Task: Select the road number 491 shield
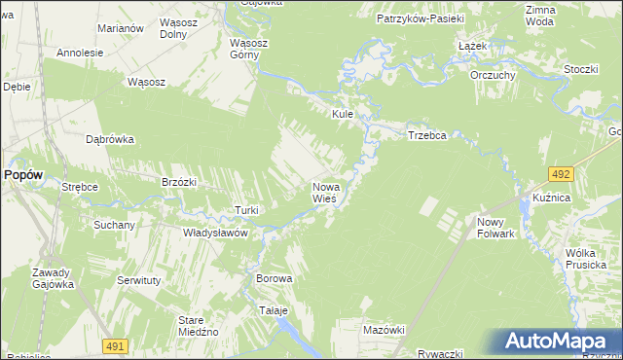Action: (116, 346)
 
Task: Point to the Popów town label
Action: (22, 174)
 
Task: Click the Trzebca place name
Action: (426, 136)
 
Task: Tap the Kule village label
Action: (342, 114)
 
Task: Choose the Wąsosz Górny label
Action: (248, 49)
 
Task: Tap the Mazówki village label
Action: (383, 330)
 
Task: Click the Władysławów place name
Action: (216, 234)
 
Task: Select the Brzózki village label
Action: (179, 182)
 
